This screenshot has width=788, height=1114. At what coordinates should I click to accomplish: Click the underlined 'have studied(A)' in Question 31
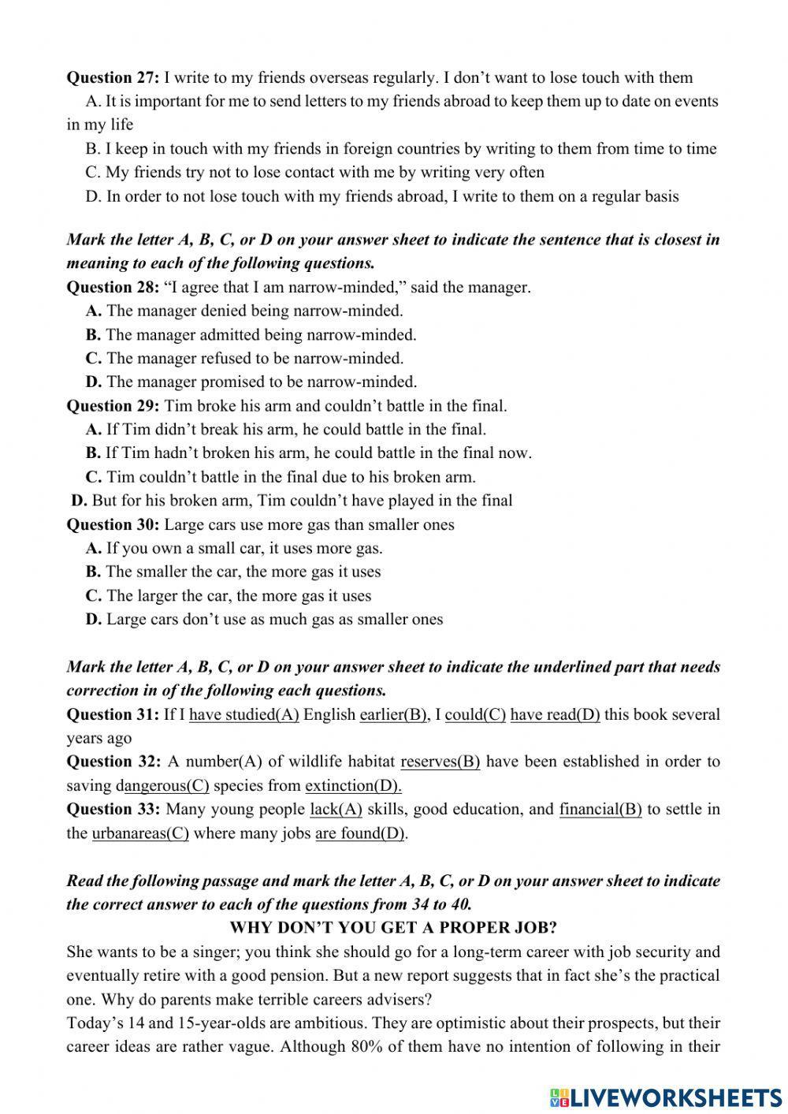[x=244, y=714]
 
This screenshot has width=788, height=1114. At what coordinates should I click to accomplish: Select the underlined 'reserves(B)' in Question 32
[x=440, y=762]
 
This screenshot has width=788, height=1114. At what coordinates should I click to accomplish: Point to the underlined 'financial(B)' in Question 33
[x=600, y=809]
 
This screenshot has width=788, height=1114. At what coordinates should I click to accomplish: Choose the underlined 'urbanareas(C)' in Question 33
[x=140, y=833]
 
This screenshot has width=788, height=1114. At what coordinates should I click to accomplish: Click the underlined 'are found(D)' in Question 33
[x=360, y=833]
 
